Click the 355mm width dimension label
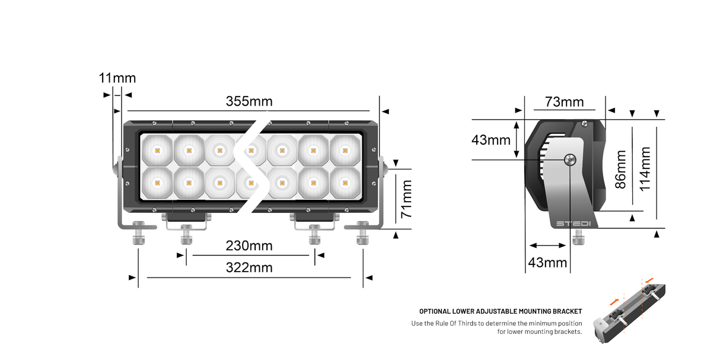pyautogui.click(x=249, y=101)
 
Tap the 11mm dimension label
pyautogui.click(x=117, y=78)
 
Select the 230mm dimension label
pyautogui.click(x=249, y=246)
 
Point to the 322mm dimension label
pyautogui.click(x=249, y=267)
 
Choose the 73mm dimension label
pyautogui.click(x=564, y=102)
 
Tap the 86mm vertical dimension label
pyautogui.click(x=620, y=169)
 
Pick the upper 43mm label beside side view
pyautogui.click(x=491, y=141)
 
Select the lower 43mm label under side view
pyautogui.click(x=547, y=262)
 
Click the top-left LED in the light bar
pyautogui.click(x=157, y=151)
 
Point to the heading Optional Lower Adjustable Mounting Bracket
pyautogui.click(x=501, y=311)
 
